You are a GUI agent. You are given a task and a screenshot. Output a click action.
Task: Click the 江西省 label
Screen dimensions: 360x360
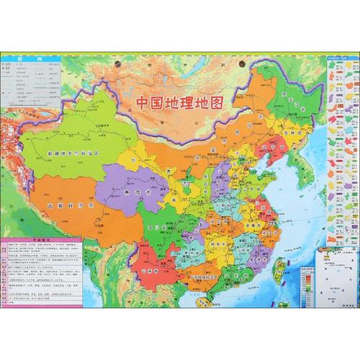[245, 252]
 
